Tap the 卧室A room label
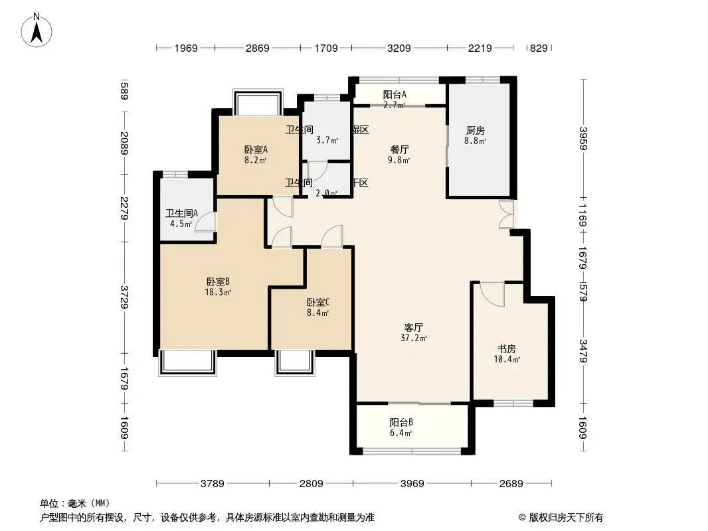(x=255, y=154)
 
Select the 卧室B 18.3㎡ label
(x=218, y=286)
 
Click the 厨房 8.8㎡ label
(x=475, y=135)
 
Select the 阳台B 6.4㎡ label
(x=401, y=427)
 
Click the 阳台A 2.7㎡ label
(x=395, y=99)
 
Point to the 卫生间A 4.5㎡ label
(x=181, y=218)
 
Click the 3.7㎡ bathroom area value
(x=327, y=140)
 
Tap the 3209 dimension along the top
(x=399, y=48)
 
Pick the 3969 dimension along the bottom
(x=412, y=483)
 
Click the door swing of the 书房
(x=492, y=293)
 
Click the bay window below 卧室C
(x=294, y=362)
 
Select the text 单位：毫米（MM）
(x=75, y=504)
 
